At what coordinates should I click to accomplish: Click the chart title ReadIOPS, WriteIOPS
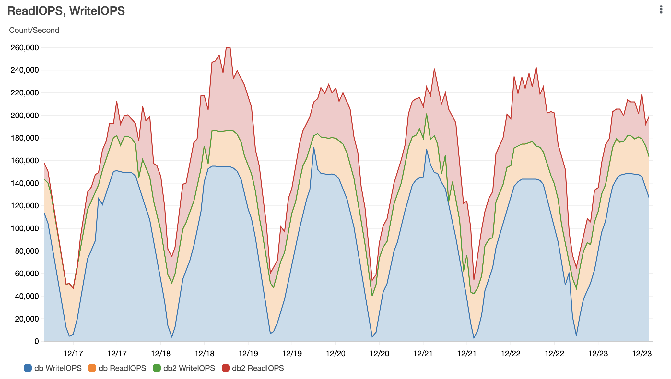tap(66, 11)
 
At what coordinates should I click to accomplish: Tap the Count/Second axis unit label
tap(34, 30)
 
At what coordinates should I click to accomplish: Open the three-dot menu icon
tap(661, 10)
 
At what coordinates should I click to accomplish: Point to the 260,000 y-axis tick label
tap(25, 48)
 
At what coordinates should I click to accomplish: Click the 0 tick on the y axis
tap(37, 341)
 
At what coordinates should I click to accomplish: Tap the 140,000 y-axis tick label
tap(25, 183)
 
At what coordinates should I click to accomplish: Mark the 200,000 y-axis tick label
tap(25, 116)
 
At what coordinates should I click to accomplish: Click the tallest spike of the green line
tap(427, 114)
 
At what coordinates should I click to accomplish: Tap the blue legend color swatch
tap(28, 368)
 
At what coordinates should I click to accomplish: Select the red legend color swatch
tap(226, 368)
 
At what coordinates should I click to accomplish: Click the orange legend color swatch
tap(92, 368)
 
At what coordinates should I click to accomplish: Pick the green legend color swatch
tap(157, 368)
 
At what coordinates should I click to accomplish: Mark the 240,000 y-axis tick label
tap(25, 70)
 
